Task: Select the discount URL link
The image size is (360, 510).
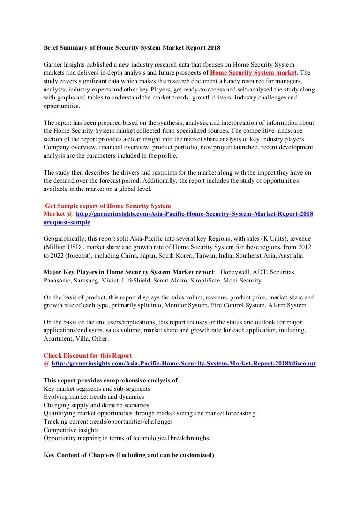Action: (183, 364)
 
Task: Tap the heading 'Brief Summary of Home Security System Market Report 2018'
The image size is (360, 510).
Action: (131, 48)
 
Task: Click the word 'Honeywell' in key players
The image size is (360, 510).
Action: (236, 272)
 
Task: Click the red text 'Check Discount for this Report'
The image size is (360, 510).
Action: (88, 355)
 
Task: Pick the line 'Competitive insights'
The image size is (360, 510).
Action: (71, 430)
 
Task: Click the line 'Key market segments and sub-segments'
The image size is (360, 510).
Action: (97, 389)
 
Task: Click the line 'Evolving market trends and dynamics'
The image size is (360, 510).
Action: (94, 397)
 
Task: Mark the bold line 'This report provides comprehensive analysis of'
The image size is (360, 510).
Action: (110, 381)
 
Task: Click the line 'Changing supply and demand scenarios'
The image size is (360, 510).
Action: (96, 405)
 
